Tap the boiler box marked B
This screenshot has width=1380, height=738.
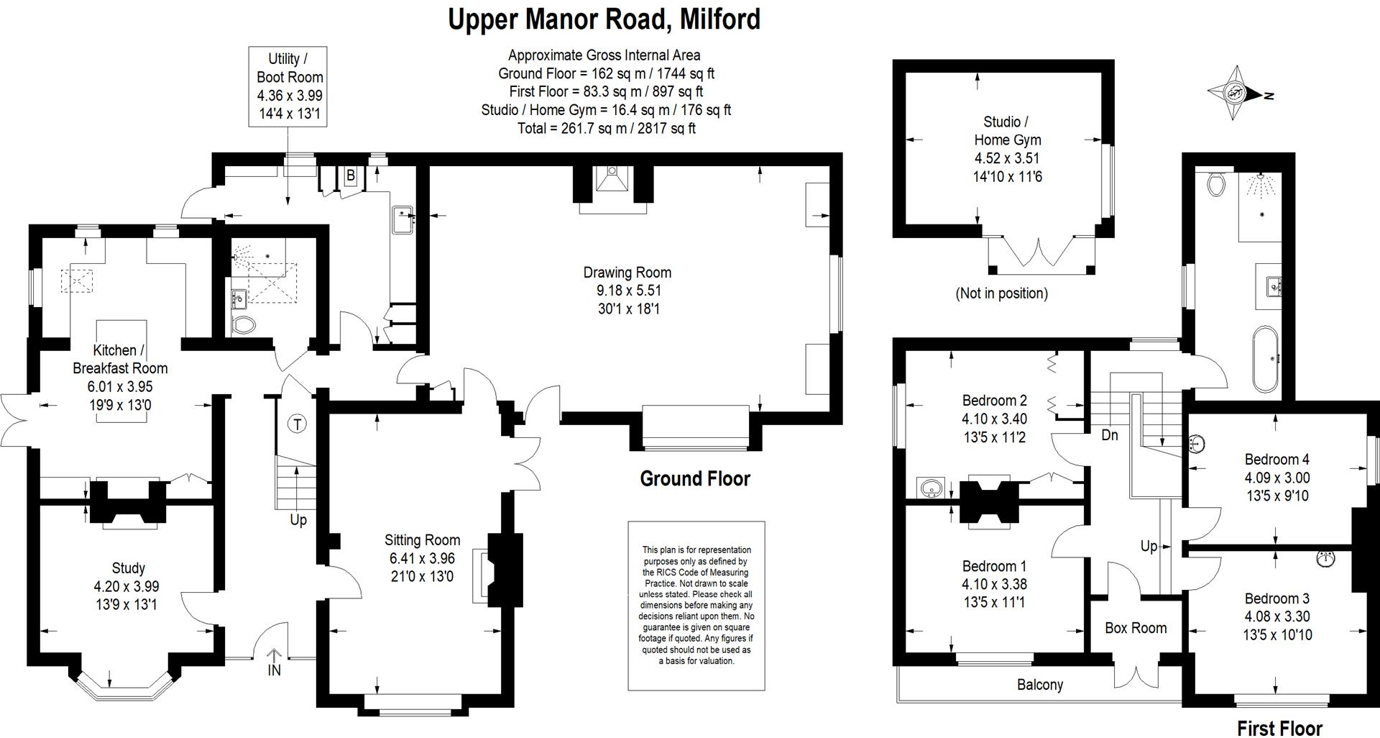pos(351,176)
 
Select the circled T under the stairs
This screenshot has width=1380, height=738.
pos(296,424)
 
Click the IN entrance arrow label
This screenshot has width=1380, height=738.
pos(275,670)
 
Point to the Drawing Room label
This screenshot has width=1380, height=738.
pos(627,273)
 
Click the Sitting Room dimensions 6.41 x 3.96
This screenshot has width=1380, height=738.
pos(421,558)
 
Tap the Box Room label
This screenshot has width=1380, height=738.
pos(1135,628)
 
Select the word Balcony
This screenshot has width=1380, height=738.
pos(1039,685)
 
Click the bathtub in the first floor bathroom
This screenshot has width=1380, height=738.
pos(1265,359)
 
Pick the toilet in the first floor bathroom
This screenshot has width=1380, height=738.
pos(1216,184)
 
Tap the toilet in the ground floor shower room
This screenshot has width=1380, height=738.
pos(244,324)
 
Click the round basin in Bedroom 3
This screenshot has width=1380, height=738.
pos(1326,558)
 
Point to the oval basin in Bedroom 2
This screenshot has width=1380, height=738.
pos(931,488)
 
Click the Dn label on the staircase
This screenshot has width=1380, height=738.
pos(1109,435)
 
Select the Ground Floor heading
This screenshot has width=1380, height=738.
pos(694,479)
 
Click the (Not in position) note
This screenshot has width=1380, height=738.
pos(1001,293)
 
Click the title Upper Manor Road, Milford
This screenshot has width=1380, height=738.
pos(604,19)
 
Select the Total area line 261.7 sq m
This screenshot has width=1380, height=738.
pos(606,128)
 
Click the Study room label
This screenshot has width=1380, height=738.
pos(128,568)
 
